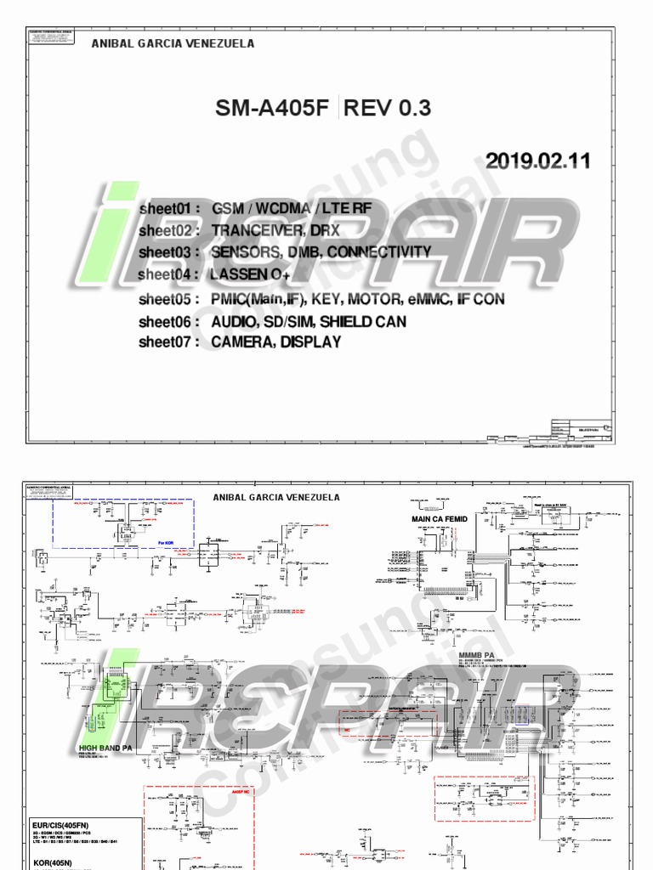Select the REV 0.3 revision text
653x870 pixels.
click(x=388, y=108)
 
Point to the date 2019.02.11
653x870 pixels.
click(x=537, y=161)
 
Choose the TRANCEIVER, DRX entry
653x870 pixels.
click(x=275, y=230)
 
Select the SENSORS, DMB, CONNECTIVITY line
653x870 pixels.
click(x=321, y=252)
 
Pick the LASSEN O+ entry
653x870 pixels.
click(x=252, y=274)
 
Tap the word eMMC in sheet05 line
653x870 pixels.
click(x=428, y=299)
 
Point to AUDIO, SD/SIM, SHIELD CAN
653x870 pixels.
click(x=309, y=321)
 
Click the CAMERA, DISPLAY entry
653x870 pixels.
click(x=276, y=342)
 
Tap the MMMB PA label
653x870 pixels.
click(x=475, y=656)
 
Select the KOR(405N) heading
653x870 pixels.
click(x=52, y=862)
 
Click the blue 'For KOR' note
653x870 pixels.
click(x=168, y=540)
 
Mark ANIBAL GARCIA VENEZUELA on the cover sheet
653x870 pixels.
click(x=173, y=43)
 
